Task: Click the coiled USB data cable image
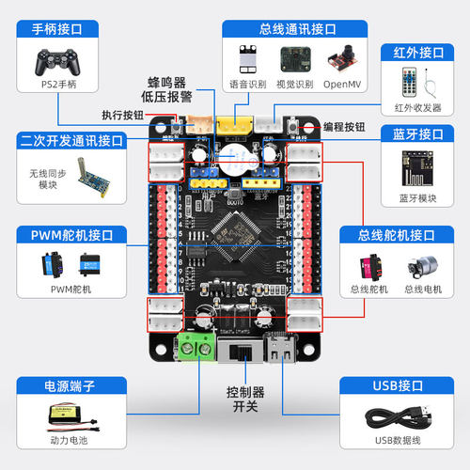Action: [404, 418]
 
